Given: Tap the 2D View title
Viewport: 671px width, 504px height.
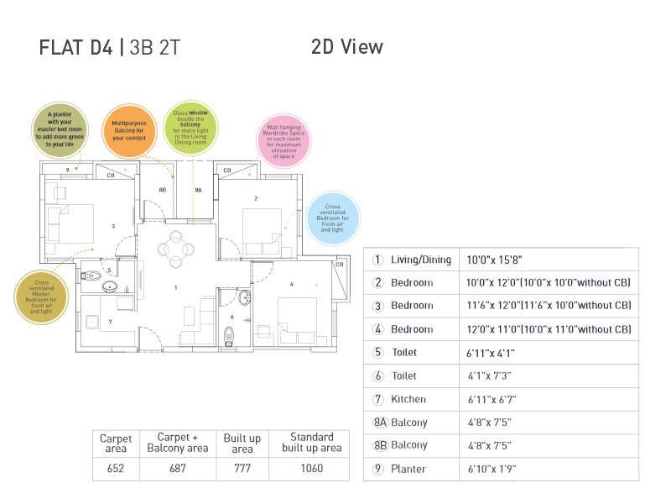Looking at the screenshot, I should (346, 47).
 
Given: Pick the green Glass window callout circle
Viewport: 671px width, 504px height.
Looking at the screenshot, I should (190, 127).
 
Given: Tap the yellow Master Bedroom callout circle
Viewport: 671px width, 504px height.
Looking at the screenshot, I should (41, 296).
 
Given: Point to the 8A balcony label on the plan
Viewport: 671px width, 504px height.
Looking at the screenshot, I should (198, 191).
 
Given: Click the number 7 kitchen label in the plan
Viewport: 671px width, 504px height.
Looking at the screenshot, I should (109, 322).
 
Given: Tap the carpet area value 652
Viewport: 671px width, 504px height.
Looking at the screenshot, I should (116, 468).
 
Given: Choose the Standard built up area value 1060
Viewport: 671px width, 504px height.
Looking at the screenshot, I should (311, 468).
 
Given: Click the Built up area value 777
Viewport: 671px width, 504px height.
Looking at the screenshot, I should (242, 468).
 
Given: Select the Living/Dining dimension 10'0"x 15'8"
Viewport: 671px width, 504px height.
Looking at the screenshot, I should (500, 260).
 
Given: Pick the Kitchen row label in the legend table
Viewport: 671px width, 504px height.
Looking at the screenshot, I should (408, 399).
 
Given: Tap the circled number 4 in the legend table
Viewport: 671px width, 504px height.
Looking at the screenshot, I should (378, 329).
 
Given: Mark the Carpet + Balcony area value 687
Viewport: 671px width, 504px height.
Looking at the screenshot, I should (177, 468).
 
